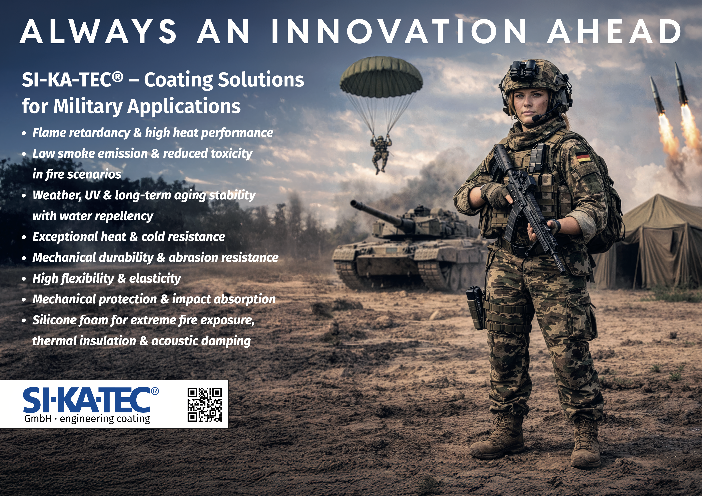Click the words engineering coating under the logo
(x=105, y=419)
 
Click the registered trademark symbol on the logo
(x=155, y=391)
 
